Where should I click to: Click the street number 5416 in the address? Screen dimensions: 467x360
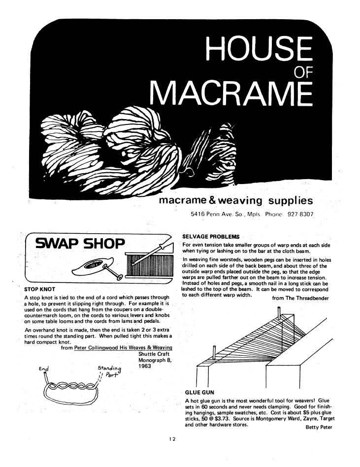pos(199,215)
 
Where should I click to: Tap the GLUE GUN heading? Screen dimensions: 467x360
pos(199,393)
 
